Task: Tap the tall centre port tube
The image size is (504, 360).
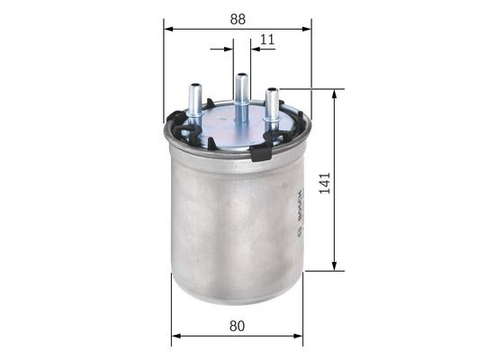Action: click(x=241, y=94)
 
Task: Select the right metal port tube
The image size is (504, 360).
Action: click(x=271, y=106)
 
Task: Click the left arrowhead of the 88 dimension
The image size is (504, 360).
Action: click(x=168, y=29)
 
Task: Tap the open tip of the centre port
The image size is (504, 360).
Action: click(x=241, y=76)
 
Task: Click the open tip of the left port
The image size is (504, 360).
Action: click(x=194, y=86)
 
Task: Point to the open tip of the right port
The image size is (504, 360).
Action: click(x=271, y=90)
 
